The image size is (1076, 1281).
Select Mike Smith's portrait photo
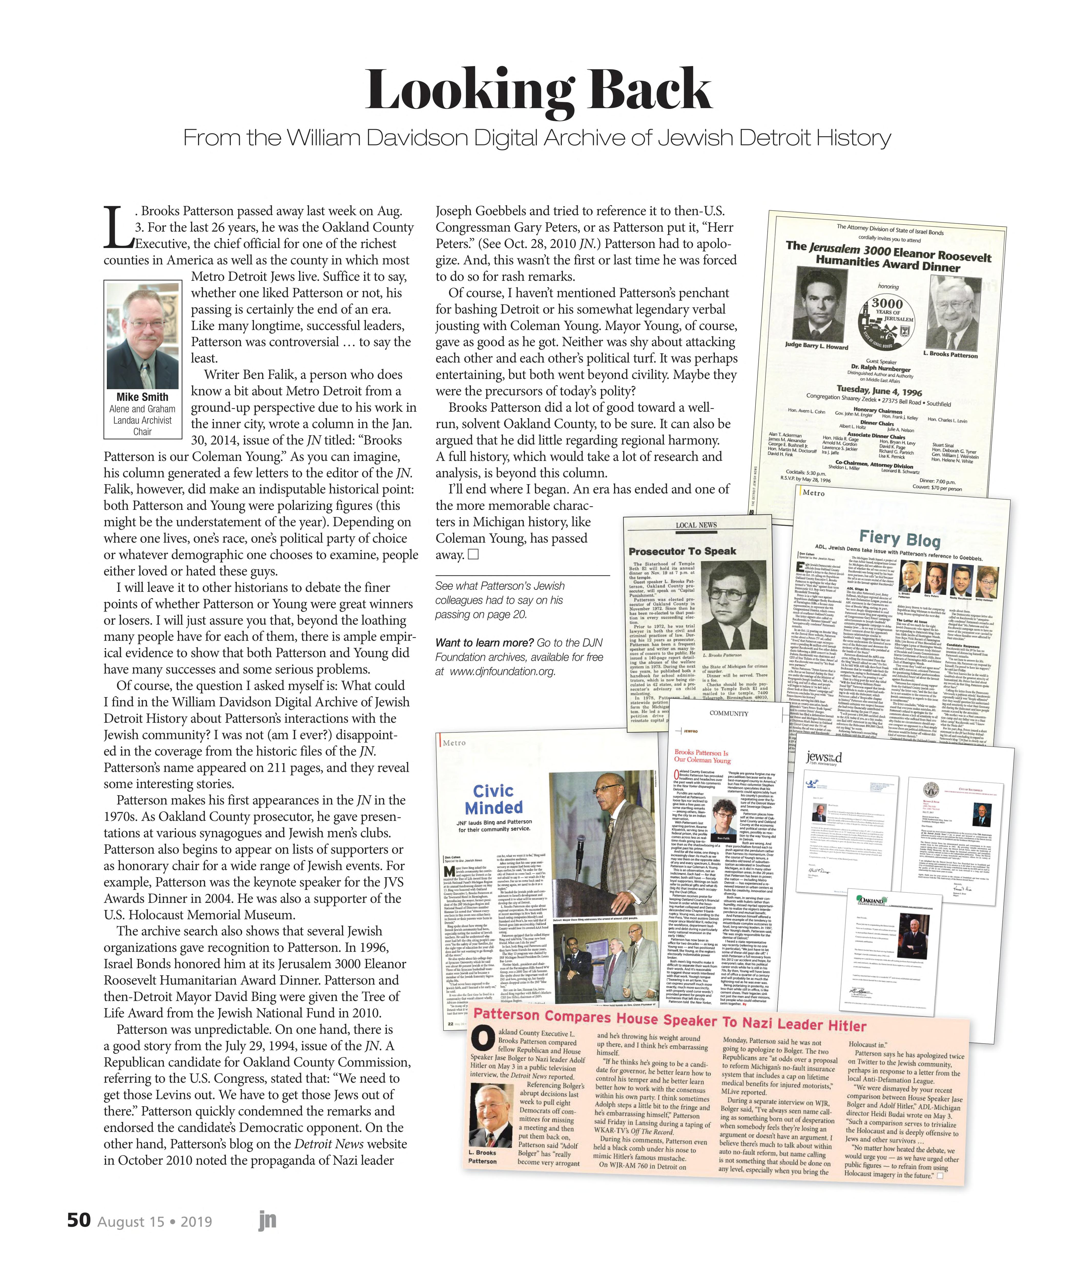tap(143, 336)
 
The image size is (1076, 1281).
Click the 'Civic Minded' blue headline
tap(494, 799)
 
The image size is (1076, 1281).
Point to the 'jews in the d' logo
tap(824, 758)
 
